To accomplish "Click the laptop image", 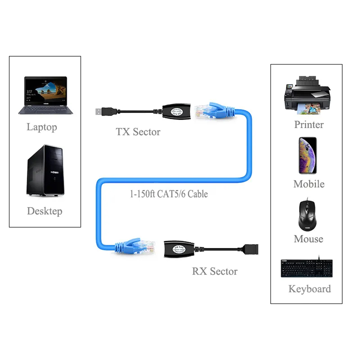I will [45, 95].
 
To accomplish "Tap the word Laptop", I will [42, 127].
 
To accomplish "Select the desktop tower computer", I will [45, 170].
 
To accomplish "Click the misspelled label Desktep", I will [45, 211].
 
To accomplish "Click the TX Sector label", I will [138, 132].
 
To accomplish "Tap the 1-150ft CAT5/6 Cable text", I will [169, 194].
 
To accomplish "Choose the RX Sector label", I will [215, 271].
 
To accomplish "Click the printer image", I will [307, 95].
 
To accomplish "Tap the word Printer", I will [309, 125].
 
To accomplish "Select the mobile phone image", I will [307, 155].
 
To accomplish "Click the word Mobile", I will [309, 184].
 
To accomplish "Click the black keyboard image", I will [306, 269].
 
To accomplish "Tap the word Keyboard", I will [310, 289].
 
